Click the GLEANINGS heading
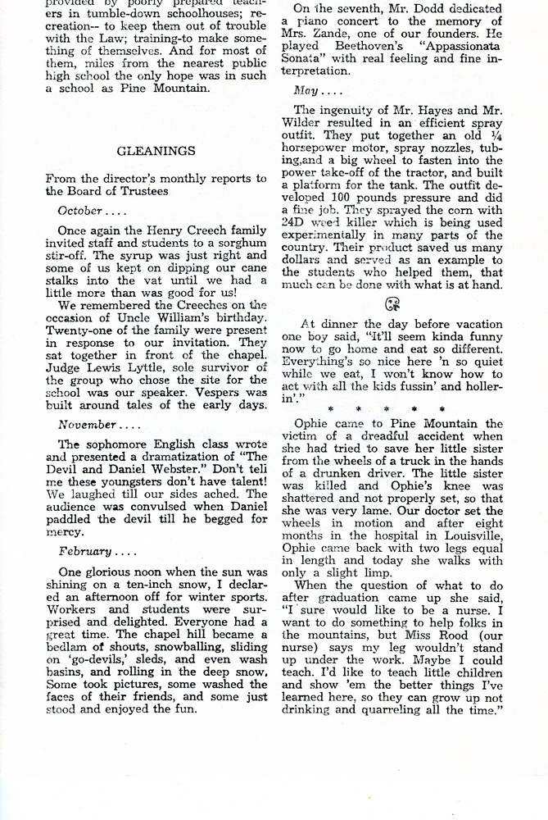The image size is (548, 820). pyautogui.click(x=156, y=151)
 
